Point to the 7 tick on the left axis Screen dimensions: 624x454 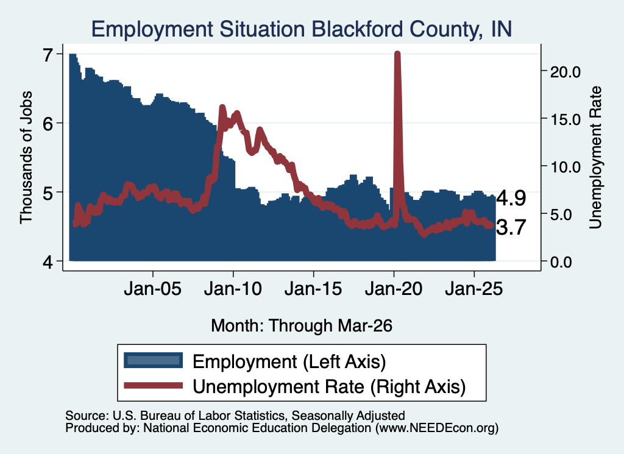click(48, 55)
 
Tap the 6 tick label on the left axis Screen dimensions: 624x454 click(48, 124)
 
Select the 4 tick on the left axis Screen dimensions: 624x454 click(48, 262)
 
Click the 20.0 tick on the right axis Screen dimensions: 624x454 click(565, 72)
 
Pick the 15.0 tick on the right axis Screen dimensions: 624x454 click(565, 119)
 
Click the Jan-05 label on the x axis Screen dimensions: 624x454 click(153, 288)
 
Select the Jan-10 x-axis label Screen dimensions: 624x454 click(233, 288)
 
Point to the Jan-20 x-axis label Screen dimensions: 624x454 click(394, 288)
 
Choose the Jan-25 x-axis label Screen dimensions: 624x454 click(474, 288)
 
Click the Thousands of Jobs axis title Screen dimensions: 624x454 click(26, 157)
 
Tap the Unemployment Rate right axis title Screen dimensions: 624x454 click(595, 158)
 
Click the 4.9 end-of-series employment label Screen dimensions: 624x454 click(511, 198)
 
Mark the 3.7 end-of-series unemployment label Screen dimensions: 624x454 click(511, 227)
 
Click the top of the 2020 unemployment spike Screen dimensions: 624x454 click(397, 53)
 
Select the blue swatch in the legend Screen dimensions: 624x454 click(153, 360)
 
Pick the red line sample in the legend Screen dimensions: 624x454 click(153, 385)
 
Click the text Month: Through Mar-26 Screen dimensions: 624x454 click(302, 325)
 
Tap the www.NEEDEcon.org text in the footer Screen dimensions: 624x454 click(437, 428)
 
